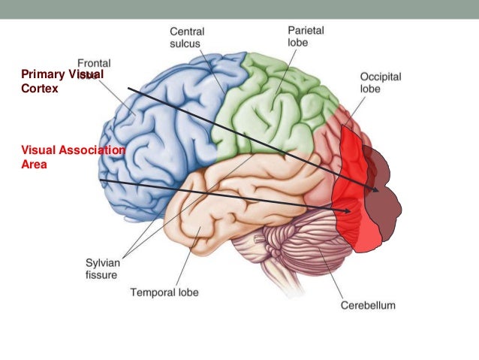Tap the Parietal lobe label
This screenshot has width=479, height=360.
[x=306, y=36]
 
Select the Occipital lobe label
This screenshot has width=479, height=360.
[x=379, y=82]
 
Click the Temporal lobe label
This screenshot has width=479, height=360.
[x=164, y=292]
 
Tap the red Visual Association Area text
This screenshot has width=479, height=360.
[x=71, y=156]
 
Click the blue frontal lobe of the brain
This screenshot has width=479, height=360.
[x=158, y=143]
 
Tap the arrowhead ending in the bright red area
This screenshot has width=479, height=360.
[x=347, y=211]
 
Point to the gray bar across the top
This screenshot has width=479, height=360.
[x=239, y=8]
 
